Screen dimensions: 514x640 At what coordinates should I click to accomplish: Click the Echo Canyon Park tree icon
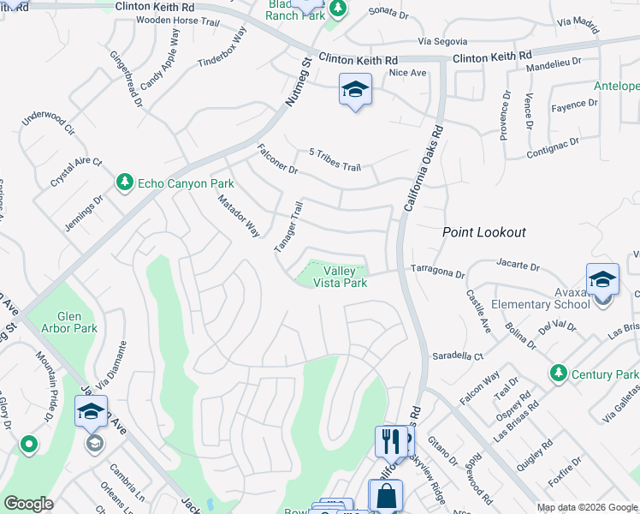click(125, 183)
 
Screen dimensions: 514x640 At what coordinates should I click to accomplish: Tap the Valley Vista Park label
click(340, 277)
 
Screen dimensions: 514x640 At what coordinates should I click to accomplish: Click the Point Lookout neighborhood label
click(483, 232)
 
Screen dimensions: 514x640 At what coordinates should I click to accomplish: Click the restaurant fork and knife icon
click(389, 441)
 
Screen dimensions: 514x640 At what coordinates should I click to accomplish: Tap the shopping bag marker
click(385, 496)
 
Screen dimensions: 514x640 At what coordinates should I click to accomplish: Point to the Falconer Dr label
click(277, 159)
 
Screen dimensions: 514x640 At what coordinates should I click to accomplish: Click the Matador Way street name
click(238, 216)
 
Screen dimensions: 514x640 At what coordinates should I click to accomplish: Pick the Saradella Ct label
click(457, 355)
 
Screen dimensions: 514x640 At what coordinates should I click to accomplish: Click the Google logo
click(28, 504)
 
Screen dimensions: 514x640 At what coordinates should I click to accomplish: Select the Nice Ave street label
click(407, 74)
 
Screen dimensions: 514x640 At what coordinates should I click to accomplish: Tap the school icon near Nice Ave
click(355, 90)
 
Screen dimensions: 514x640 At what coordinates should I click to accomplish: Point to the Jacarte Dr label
click(518, 267)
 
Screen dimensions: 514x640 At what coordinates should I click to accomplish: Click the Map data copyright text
click(586, 507)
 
